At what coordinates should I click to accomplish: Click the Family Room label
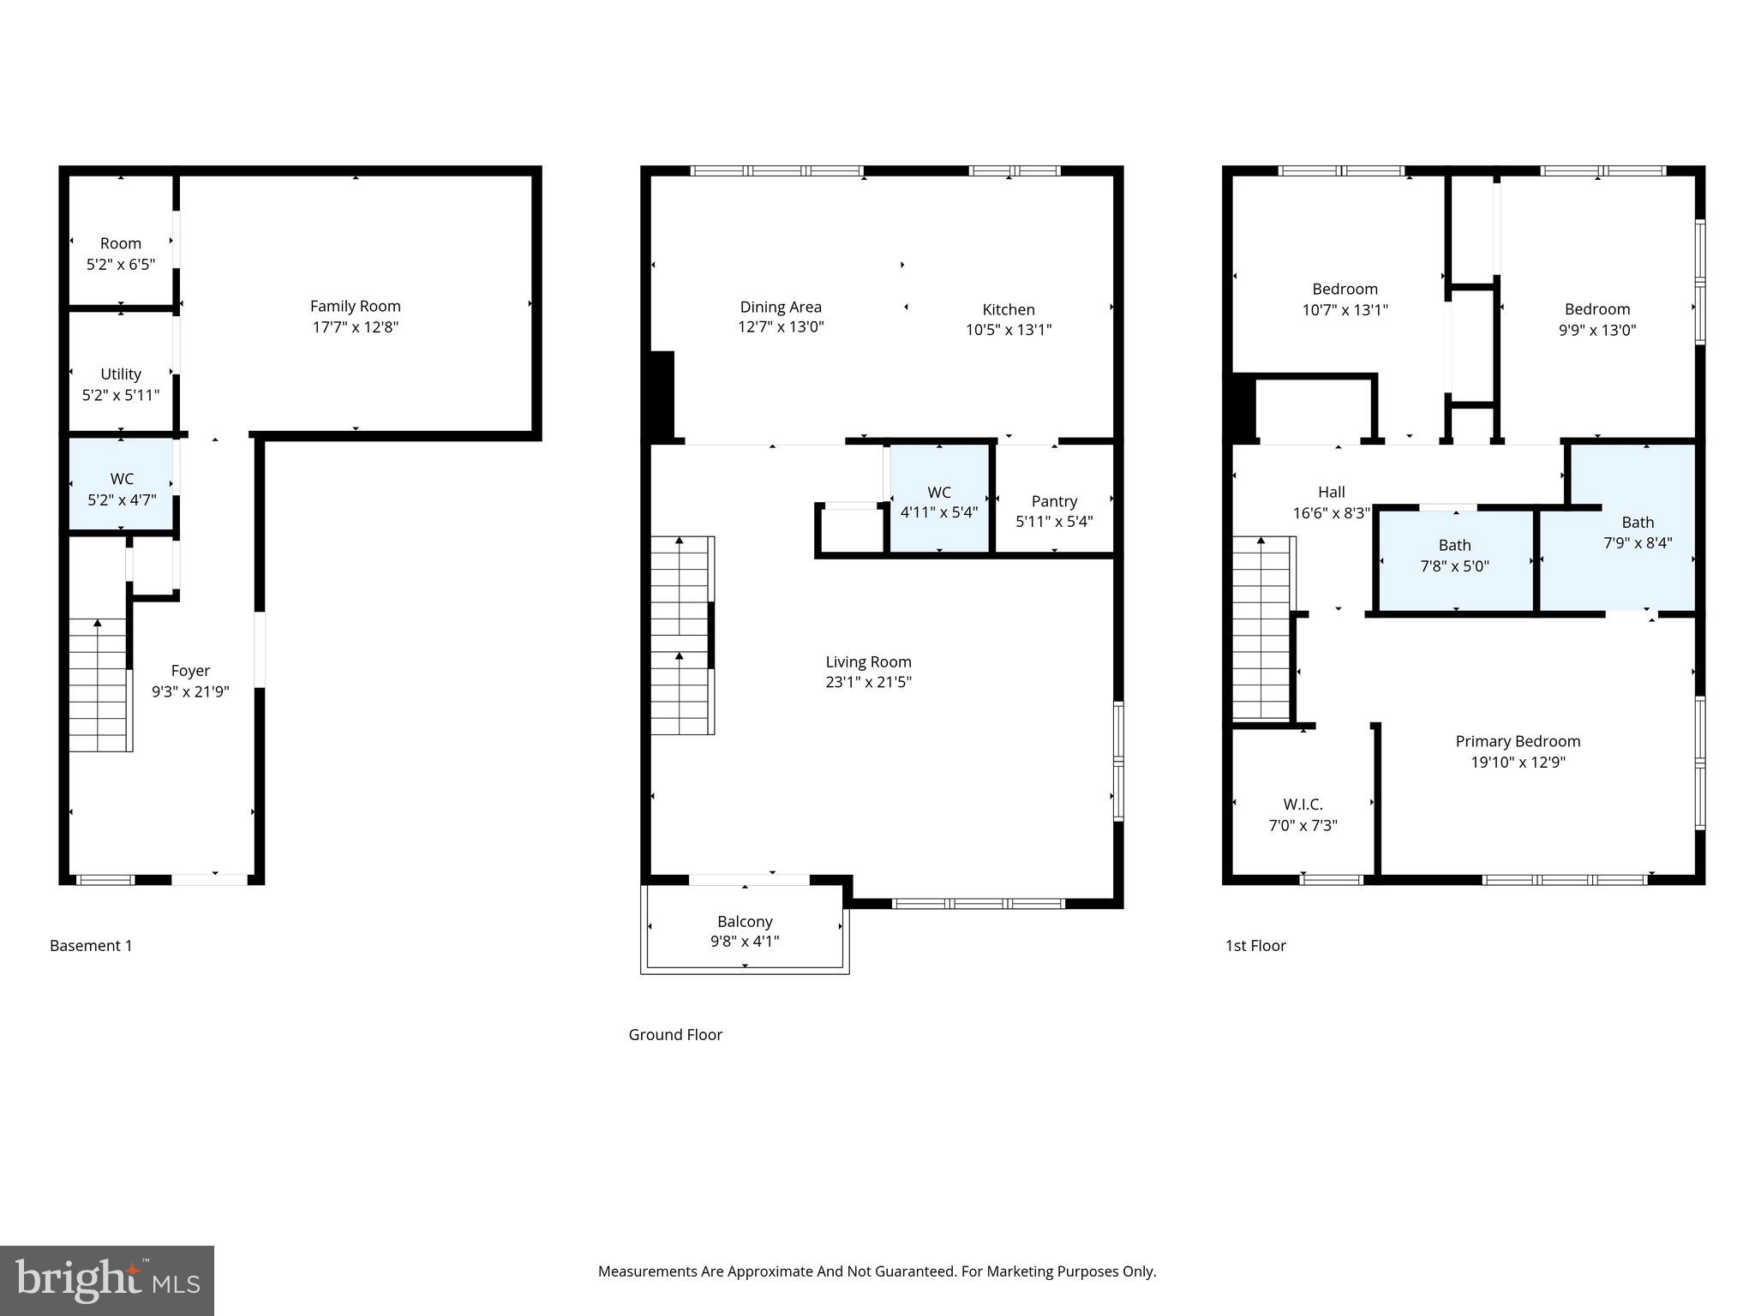pyautogui.click(x=355, y=306)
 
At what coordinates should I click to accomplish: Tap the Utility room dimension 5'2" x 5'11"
pyautogui.click(x=121, y=395)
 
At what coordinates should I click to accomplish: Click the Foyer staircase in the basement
pyautogui.click(x=99, y=685)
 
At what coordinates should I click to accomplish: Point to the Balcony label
pyautogui.click(x=745, y=921)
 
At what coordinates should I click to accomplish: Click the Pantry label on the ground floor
pyautogui.click(x=1054, y=501)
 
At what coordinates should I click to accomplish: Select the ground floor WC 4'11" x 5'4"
pyautogui.click(x=938, y=502)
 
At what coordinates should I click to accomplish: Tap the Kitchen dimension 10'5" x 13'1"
pyautogui.click(x=1009, y=330)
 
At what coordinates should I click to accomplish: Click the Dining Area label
pyautogui.click(x=781, y=307)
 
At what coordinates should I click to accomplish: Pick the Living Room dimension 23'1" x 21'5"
pyautogui.click(x=868, y=682)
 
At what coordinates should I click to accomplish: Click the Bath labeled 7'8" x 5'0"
pyautogui.click(x=1454, y=555)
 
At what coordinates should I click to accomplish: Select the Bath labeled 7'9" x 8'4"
pyautogui.click(x=1638, y=532)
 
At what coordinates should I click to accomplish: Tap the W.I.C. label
pyautogui.click(x=1303, y=804)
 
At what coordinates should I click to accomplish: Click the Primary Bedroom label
pyautogui.click(x=1518, y=741)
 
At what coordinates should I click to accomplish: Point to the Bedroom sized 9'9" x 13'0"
pyautogui.click(x=1596, y=319)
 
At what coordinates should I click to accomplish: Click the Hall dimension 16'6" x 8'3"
pyautogui.click(x=1331, y=513)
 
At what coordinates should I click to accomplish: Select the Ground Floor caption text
pyautogui.click(x=675, y=1034)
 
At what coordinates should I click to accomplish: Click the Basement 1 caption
pyautogui.click(x=91, y=945)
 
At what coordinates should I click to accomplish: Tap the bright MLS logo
pyautogui.click(x=106, y=1280)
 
